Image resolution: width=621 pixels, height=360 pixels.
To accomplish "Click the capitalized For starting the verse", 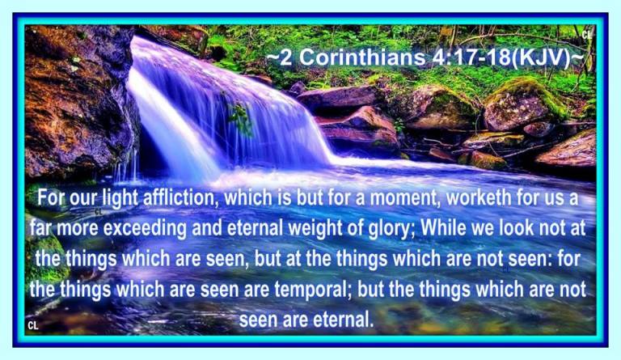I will point(50,197).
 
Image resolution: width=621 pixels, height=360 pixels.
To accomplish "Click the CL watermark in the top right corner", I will point(586,36).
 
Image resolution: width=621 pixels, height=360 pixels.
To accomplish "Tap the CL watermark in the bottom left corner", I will point(33,325).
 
